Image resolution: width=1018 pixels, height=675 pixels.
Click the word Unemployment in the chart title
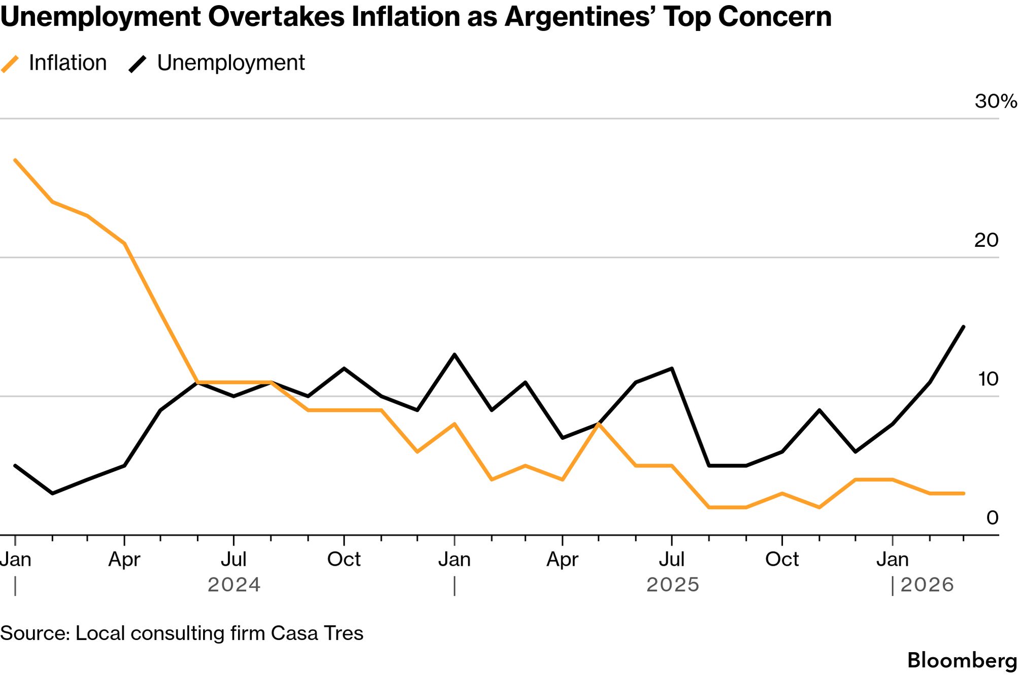click(101, 17)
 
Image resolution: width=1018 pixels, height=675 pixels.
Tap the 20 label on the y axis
click(986, 240)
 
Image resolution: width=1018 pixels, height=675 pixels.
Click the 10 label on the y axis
click(988, 379)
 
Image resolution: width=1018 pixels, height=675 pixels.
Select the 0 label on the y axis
click(992, 518)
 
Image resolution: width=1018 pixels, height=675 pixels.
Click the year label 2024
click(234, 585)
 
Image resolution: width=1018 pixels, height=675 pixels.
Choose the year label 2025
click(673, 585)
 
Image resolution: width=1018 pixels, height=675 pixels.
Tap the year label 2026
click(927, 585)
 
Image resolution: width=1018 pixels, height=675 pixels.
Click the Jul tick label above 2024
click(234, 560)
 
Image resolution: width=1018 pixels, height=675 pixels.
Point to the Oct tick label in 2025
click(782, 560)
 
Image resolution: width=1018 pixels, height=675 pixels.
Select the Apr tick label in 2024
click(124, 560)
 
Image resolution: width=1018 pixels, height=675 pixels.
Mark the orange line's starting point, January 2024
click(15, 160)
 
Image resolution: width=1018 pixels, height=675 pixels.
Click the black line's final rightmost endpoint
click(964, 327)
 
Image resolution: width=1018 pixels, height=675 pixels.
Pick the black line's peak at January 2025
click(454, 355)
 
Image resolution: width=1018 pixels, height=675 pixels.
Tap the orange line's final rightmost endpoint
click(964, 493)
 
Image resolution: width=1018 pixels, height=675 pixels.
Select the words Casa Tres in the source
click(317, 633)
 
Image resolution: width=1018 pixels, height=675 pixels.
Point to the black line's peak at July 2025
click(672, 368)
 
